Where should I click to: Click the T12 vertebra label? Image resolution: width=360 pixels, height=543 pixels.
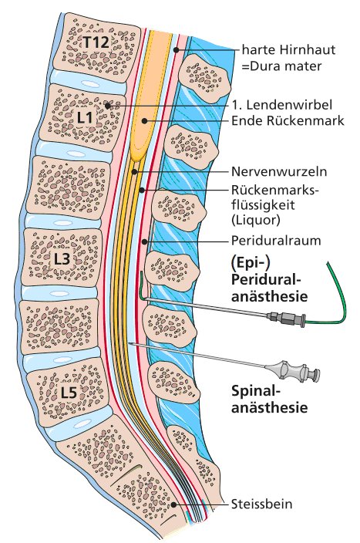click(x=96, y=42)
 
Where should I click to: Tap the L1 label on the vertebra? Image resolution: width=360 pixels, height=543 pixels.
click(x=85, y=118)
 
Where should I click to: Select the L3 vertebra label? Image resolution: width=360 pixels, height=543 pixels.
click(x=62, y=259)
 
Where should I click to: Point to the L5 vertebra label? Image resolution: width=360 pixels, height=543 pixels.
click(x=69, y=393)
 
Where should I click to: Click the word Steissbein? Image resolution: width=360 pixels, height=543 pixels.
click(x=261, y=504)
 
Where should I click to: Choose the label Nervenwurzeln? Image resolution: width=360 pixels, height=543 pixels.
click(x=279, y=171)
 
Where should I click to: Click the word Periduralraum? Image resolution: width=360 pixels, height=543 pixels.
click(x=276, y=241)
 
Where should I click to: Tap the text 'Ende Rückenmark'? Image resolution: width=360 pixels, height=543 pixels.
click(x=288, y=120)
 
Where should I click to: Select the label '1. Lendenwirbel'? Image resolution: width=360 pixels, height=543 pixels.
click(x=282, y=104)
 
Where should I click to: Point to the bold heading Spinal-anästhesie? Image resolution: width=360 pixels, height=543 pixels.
click(x=269, y=400)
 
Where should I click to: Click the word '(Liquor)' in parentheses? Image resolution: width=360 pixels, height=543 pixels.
click(x=255, y=221)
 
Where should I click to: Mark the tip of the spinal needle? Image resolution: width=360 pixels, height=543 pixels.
click(x=130, y=343)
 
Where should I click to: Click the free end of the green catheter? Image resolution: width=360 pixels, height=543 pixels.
click(x=328, y=263)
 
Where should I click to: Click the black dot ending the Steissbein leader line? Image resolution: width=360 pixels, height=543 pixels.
click(x=173, y=504)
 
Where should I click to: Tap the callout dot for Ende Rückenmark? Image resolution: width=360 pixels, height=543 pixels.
click(x=144, y=120)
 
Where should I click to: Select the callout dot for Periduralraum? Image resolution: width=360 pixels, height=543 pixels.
click(x=145, y=241)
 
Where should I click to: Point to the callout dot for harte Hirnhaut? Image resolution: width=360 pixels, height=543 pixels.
click(x=177, y=50)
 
